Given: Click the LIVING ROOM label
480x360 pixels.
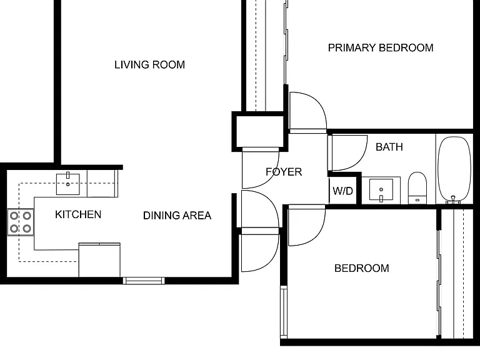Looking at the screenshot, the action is click(x=150, y=65).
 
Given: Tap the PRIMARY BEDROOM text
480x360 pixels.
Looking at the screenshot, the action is click(x=381, y=47).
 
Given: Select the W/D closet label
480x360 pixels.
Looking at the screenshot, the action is click(x=343, y=191).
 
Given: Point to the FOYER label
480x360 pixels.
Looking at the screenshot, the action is click(x=284, y=172).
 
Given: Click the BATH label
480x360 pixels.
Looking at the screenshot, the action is click(x=389, y=147).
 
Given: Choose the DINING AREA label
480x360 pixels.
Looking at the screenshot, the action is click(x=177, y=216).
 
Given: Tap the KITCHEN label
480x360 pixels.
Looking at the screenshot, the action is click(x=78, y=214).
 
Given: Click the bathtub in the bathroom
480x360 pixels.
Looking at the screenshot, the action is click(x=454, y=169).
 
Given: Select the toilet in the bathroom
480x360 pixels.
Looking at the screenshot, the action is click(x=417, y=188).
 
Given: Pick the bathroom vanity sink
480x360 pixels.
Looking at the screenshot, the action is click(x=381, y=191).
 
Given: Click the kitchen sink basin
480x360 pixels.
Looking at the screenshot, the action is click(x=68, y=184).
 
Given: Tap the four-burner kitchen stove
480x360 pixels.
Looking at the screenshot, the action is click(x=21, y=222).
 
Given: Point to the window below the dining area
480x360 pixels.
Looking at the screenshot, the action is click(x=144, y=281).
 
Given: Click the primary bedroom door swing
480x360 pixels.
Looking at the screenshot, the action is click(x=308, y=111).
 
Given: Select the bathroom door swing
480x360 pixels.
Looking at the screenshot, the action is click(x=349, y=152).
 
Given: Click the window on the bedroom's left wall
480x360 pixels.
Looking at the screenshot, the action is click(x=284, y=312).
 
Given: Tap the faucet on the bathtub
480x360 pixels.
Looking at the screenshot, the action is click(x=453, y=199).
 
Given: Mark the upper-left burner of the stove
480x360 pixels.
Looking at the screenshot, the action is click(x=14, y=216).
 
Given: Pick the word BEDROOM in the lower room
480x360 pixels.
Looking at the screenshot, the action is click(x=361, y=269).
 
